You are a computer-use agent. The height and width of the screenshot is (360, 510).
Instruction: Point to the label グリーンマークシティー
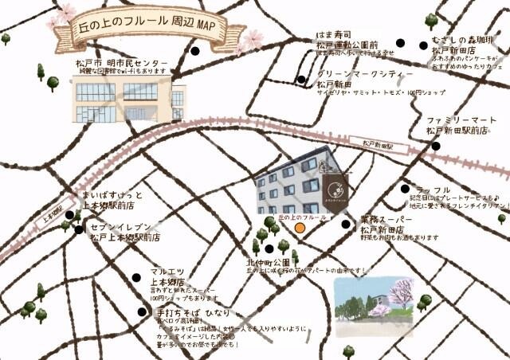[365, 73]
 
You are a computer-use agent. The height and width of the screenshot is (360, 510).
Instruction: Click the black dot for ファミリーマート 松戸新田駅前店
[435, 146]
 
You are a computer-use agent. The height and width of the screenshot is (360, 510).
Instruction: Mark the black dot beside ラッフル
[405, 189]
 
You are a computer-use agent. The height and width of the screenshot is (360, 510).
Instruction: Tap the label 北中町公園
[268, 261]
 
